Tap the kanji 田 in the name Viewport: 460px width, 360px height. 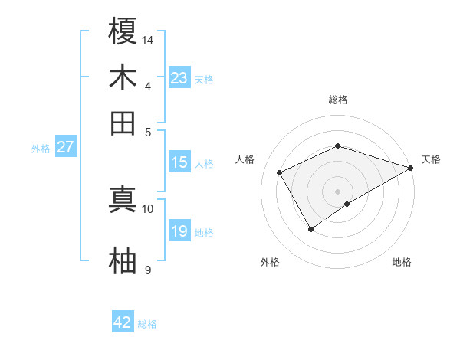(x=123, y=123)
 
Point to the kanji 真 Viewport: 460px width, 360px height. (x=123, y=198)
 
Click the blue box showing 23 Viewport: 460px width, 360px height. (x=179, y=78)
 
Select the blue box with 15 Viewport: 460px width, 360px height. (x=179, y=162)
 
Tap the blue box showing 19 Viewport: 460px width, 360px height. (x=179, y=231)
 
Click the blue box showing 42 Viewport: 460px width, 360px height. (x=123, y=322)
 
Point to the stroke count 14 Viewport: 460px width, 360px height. (x=148, y=39)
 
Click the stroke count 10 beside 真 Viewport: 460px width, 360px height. (x=148, y=208)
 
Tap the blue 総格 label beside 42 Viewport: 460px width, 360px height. (x=147, y=324)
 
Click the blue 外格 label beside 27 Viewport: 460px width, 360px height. (x=41, y=149)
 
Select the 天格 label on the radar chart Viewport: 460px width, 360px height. (x=431, y=159)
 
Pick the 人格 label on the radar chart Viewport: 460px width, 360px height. (x=245, y=159)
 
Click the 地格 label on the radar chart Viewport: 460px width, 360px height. (x=402, y=263)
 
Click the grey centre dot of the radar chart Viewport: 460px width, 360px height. (x=337, y=191)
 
